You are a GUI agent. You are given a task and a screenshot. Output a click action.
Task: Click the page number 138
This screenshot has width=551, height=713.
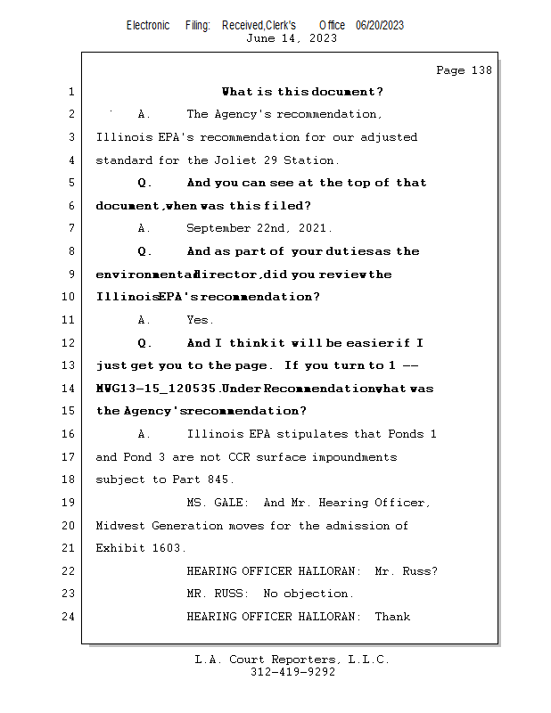coord(477,70)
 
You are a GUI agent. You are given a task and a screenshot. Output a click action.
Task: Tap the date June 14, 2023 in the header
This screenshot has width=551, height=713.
coord(292,37)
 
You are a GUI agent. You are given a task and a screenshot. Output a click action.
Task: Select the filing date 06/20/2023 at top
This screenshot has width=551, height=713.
coord(380,25)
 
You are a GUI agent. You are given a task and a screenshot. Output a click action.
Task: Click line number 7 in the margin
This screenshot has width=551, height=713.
coord(71,228)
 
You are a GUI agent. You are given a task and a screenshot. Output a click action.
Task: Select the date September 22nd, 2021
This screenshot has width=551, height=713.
coord(259,228)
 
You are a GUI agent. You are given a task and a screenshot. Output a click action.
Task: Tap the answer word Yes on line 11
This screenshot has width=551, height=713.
coord(199,319)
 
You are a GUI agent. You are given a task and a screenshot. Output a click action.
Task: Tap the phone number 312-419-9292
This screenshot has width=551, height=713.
coord(292,672)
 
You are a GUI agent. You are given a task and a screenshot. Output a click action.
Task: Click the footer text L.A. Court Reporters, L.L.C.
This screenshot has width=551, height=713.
coord(292,660)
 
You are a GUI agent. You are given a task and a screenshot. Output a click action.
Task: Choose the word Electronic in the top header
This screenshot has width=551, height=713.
coord(148,25)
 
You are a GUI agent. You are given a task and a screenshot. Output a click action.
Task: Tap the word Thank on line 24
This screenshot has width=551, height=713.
coord(392,616)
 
